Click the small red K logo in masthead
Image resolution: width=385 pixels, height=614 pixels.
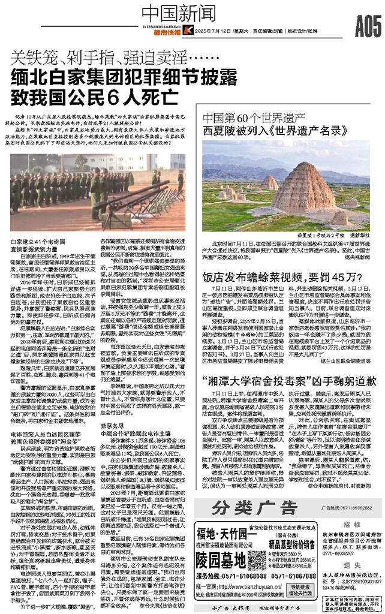[188, 31]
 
